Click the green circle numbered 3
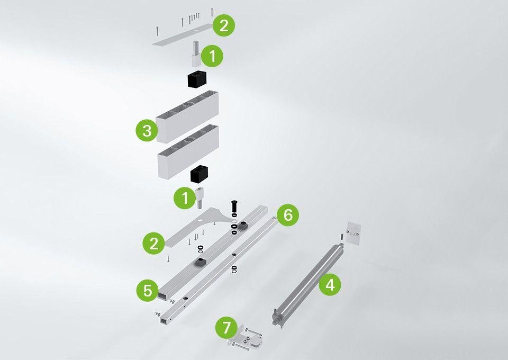pyautogui.click(x=147, y=131)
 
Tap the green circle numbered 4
pyautogui.click(x=330, y=285)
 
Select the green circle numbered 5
pyautogui.click(x=148, y=290)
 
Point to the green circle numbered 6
pyautogui.click(x=288, y=215)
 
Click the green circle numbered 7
pyautogui.click(x=226, y=328)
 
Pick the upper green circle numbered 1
pyautogui.click(x=212, y=56)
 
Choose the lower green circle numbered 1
pyautogui.click(x=185, y=197)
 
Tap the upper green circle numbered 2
pyautogui.click(x=224, y=25)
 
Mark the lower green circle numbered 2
pyautogui.click(x=154, y=243)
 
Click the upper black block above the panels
pyautogui.click(x=197, y=79)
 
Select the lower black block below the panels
pyautogui.click(x=199, y=174)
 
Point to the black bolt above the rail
pyautogui.click(x=234, y=208)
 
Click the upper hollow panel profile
pyautogui.click(x=187, y=116)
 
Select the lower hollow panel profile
pyautogui.click(x=188, y=151)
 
